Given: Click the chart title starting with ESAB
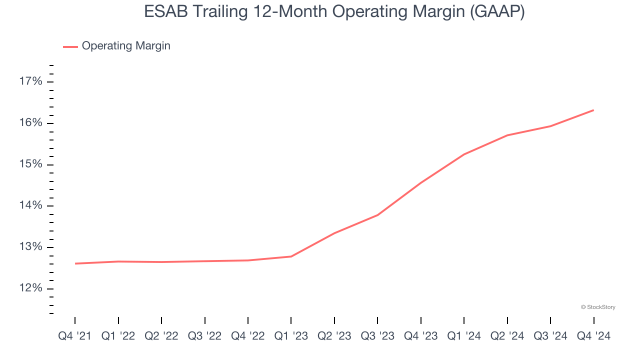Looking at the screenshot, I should point(334,11).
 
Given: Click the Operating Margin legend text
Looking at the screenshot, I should point(126,46).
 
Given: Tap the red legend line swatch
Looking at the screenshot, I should point(70,46).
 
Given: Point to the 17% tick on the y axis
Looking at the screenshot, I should point(30,81).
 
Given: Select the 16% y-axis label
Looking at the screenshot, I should point(30,123).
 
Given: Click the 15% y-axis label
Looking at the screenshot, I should point(30,164).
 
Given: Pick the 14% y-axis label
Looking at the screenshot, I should point(30,206).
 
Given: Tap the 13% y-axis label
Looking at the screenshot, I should point(30,247).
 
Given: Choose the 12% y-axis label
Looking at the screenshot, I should point(30,288).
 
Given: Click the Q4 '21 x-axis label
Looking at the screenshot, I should point(75,336).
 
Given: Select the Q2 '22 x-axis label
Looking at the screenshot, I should point(161,336).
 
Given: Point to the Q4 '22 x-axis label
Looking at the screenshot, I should point(248,336).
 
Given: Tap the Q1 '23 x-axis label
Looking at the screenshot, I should point(291,336).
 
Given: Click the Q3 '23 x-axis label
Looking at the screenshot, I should point(377,336).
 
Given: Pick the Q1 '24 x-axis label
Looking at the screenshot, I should point(464,336).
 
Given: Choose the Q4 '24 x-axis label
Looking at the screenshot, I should point(593,336).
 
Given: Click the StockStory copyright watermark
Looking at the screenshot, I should point(598,307).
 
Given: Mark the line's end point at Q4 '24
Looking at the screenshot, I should point(593,110).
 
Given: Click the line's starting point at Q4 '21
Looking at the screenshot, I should point(75,263).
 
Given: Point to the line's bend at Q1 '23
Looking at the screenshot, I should point(291,256).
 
